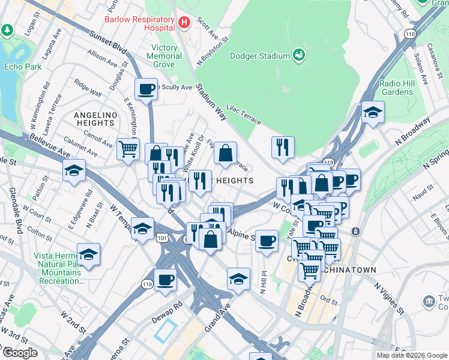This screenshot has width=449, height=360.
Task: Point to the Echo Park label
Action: click(23, 67)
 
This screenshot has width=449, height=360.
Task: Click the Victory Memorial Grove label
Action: click(158, 56)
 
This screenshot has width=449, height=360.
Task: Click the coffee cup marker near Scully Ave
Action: click(146, 89)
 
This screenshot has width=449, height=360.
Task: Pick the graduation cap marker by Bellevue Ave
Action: click(74, 170)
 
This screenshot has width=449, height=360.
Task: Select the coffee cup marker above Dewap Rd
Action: click(165, 278)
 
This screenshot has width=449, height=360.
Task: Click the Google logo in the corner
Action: click(19, 353)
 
